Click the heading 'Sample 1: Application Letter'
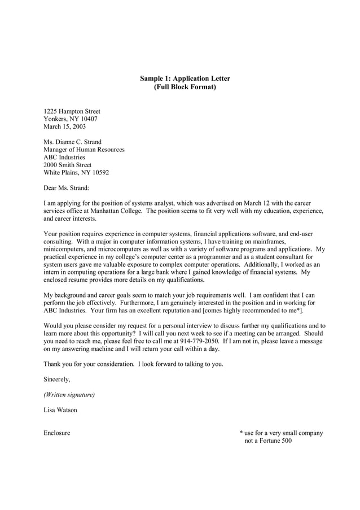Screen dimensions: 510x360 185,79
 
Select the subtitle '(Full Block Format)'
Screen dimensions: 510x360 185,88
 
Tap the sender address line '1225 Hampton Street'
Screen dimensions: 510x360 72,111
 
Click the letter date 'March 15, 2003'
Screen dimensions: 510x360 65,127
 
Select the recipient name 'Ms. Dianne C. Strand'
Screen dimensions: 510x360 73,142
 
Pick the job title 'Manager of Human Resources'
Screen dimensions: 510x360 84,150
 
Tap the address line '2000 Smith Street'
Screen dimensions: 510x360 67,165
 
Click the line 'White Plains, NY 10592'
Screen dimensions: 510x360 76,172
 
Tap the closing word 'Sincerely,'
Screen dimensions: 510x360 57,379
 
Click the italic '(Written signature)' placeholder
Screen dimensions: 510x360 69,394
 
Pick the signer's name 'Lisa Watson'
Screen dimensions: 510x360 60,409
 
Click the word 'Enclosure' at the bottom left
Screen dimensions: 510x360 57,433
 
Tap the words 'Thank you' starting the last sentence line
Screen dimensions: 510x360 58,364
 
